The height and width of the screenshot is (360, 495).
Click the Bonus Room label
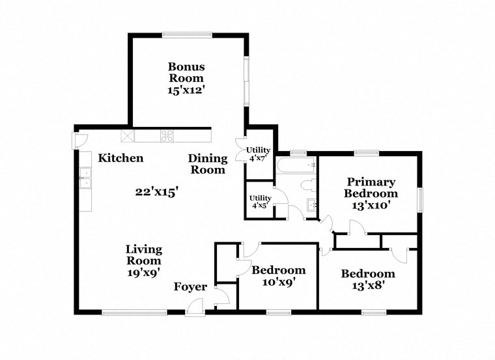point(186,72)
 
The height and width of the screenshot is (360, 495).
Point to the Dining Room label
point(208,164)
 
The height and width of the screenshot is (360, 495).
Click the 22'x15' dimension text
point(156,191)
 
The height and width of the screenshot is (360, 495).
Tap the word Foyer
point(190,287)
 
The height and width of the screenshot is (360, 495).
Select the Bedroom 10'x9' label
point(278,276)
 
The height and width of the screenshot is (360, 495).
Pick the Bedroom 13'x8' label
point(368,279)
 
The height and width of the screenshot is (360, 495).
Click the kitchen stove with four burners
point(167,136)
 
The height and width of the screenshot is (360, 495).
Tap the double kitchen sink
point(85,177)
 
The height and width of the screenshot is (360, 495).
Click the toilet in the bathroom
point(310,184)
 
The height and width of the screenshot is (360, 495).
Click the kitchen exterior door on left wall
point(78,139)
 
